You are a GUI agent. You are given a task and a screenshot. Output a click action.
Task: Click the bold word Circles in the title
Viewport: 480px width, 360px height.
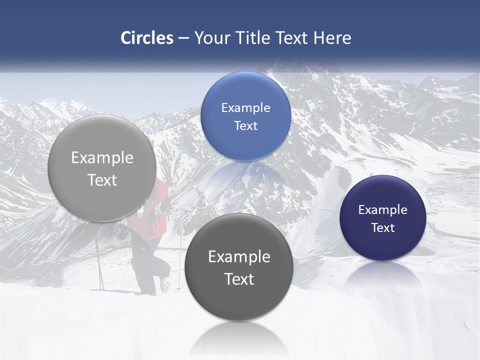(147, 38)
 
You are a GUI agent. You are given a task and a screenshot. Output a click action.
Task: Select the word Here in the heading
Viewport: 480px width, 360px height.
(332, 38)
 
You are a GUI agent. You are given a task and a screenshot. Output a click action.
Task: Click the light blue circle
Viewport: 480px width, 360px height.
(245, 116)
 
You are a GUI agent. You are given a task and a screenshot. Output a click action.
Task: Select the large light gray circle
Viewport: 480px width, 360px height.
(101, 168)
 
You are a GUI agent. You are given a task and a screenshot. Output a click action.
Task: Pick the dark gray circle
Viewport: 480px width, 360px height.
(238, 267)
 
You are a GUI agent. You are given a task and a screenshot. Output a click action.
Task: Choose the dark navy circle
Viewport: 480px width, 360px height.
(383, 218)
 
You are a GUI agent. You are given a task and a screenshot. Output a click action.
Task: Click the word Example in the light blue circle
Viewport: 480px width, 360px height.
(245, 107)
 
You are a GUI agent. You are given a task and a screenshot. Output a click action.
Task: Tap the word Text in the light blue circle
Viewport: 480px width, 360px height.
(245, 125)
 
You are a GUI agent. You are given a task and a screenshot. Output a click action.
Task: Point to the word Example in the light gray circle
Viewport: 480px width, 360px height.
(102, 158)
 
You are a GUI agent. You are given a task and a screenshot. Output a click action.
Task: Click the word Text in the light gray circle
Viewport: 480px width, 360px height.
(102, 180)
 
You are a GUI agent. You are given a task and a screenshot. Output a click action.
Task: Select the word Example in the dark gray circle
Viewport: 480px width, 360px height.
(239, 257)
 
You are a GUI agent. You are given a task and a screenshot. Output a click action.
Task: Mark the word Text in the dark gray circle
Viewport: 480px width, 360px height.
(239, 279)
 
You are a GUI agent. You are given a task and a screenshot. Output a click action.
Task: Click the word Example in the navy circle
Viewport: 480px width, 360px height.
(383, 209)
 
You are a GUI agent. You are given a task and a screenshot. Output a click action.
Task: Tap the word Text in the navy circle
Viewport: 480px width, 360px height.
(383, 228)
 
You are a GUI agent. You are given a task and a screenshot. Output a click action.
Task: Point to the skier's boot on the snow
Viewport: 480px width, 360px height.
(165, 284)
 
